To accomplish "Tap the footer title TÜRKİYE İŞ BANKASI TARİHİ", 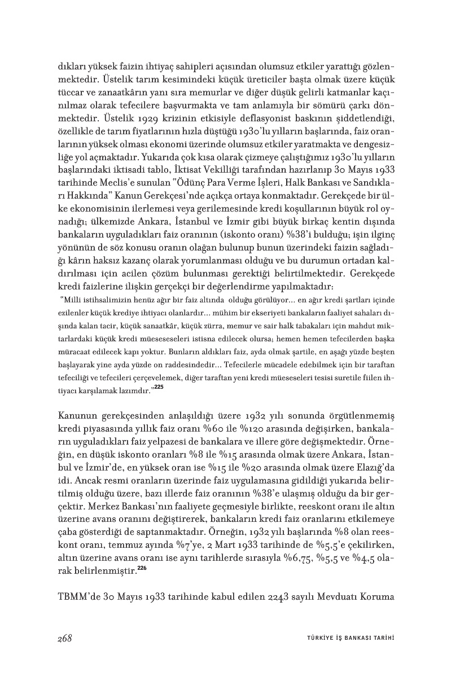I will pyautogui.click(x=346, y=638).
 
